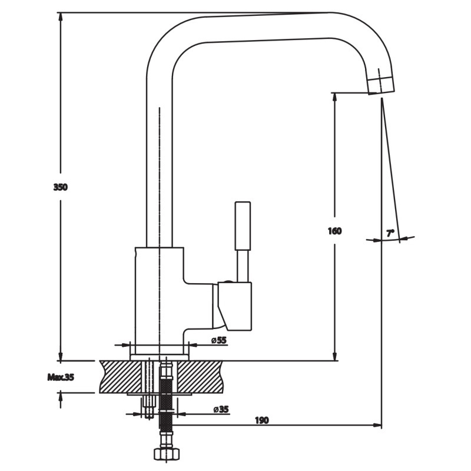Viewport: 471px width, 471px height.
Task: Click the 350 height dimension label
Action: click(x=61, y=187)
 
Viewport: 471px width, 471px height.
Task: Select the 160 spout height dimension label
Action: click(x=334, y=231)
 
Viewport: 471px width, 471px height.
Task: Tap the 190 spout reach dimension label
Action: click(x=262, y=420)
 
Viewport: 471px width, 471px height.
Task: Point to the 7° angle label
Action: click(x=390, y=233)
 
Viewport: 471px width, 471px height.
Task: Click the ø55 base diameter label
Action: click(x=218, y=340)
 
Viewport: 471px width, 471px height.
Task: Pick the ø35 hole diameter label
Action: click(x=221, y=409)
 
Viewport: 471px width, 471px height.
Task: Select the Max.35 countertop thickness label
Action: click(x=61, y=377)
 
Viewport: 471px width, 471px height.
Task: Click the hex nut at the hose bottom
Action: click(x=167, y=453)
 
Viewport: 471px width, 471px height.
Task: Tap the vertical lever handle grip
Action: click(x=243, y=226)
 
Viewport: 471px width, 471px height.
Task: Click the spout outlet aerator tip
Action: click(x=381, y=85)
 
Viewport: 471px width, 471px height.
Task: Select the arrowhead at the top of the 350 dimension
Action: click(x=61, y=17)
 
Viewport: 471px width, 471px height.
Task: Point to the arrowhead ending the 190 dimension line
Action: click(x=377, y=425)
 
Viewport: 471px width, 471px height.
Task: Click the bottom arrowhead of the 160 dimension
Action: click(x=334, y=356)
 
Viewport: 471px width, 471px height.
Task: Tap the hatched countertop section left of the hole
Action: click(x=121, y=377)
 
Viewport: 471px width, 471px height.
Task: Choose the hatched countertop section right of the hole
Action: click(x=200, y=377)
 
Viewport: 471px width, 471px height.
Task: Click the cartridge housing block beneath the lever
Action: click(x=234, y=306)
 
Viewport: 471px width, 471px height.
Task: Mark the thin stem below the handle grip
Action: click(x=243, y=266)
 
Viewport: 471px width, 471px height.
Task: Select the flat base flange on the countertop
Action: click(x=159, y=357)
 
